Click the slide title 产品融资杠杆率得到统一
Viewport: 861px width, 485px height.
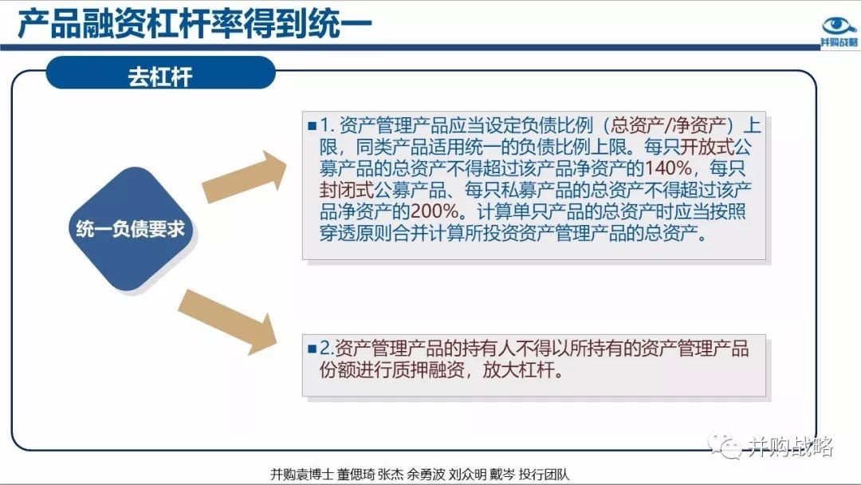click(x=195, y=24)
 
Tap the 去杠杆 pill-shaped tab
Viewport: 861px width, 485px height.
click(x=160, y=73)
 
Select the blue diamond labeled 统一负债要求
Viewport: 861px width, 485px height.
click(x=131, y=228)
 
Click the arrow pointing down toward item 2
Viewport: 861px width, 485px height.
click(x=228, y=321)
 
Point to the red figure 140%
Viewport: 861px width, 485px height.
click(x=668, y=168)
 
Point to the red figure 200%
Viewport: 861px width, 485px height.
click(x=434, y=211)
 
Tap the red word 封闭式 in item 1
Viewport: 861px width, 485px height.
click(x=347, y=190)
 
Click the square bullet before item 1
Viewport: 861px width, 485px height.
click(x=313, y=126)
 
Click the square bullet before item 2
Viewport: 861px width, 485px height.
click(x=313, y=349)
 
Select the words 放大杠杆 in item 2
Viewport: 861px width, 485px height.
click(x=518, y=370)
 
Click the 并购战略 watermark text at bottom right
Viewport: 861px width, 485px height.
click(x=791, y=448)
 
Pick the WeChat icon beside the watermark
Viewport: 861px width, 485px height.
click(x=725, y=445)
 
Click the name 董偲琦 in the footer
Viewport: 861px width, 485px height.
click(x=355, y=474)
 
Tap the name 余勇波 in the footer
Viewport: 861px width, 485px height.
click(x=426, y=474)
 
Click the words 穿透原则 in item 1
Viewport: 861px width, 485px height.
click(x=356, y=234)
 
